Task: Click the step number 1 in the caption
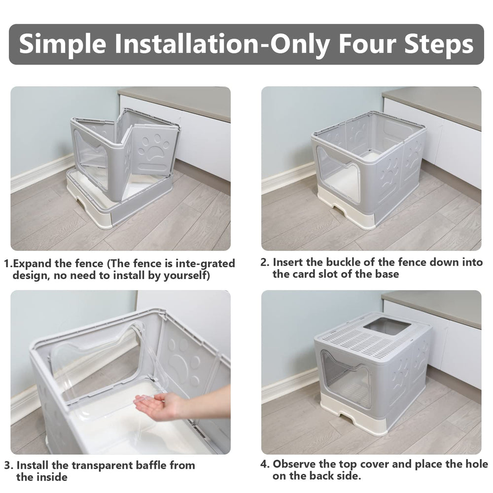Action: tap(7, 263)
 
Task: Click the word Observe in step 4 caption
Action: tap(298, 464)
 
